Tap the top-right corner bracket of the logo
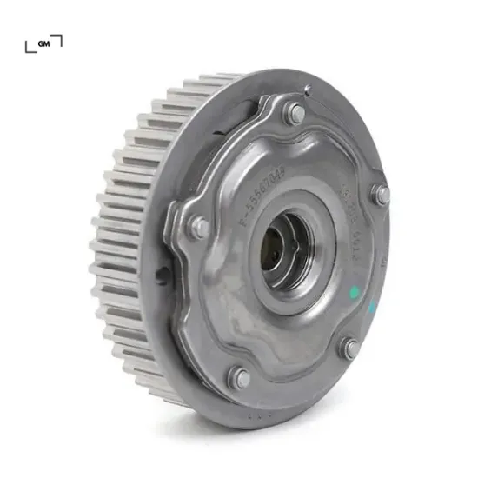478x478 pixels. click(58, 37)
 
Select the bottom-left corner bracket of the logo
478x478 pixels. click(30, 47)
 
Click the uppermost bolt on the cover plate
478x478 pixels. click(296, 113)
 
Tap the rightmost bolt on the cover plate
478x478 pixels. click(380, 195)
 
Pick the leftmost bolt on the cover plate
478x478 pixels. click(199, 228)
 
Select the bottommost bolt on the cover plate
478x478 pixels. click(240, 377)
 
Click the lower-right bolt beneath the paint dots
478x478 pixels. click(350, 348)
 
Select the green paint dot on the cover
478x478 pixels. click(354, 292)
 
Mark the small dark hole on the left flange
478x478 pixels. click(163, 276)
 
